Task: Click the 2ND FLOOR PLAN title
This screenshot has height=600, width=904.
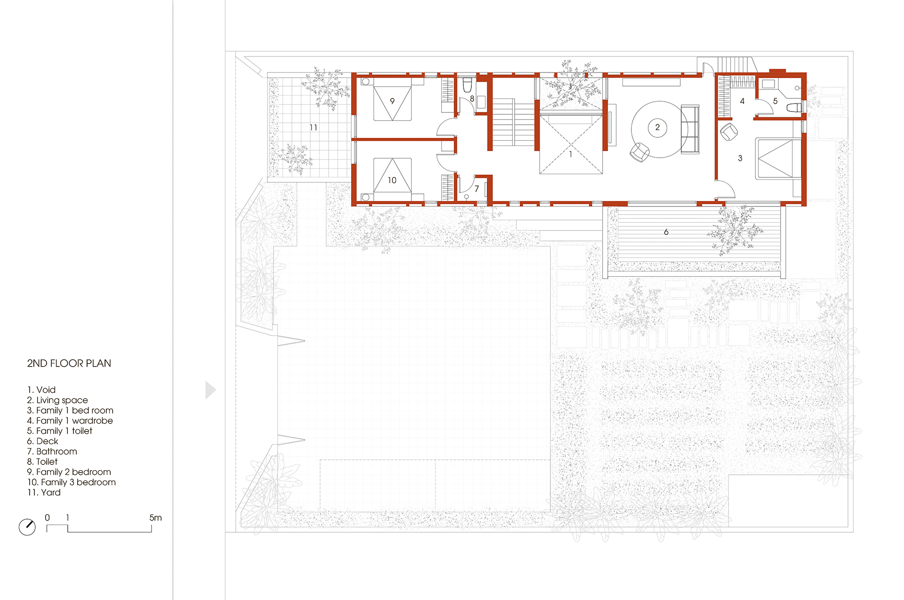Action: (x=69, y=363)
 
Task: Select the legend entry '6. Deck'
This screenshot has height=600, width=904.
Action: (x=43, y=441)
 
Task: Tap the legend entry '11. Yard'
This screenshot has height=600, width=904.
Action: (x=44, y=492)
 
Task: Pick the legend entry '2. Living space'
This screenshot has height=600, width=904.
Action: (x=57, y=400)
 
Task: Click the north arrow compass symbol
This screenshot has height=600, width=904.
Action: (x=27, y=527)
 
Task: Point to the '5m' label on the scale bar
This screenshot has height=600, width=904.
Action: (x=156, y=518)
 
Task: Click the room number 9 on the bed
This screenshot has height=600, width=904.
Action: (x=392, y=101)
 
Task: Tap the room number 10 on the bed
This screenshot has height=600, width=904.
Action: (x=392, y=180)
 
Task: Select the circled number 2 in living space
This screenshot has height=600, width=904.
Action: (x=657, y=127)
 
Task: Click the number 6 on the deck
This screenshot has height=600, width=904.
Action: (x=666, y=232)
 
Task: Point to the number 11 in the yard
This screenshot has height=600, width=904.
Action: (x=314, y=128)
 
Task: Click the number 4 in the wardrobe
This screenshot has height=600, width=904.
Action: (x=743, y=101)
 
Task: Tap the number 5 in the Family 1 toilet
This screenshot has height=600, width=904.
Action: (x=775, y=101)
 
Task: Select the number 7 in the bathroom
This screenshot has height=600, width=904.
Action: (x=476, y=189)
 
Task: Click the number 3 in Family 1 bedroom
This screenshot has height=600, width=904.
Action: (x=740, y=158)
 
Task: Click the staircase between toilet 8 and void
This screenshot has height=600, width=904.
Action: (x=514, y=122)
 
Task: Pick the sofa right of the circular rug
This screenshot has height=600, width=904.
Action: (x=690, y=129)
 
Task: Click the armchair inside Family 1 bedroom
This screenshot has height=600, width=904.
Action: (x=729, y=132)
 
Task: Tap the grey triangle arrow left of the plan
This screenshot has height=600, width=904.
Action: (x=210, y=390)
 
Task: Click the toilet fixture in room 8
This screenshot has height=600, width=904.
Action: (x=468, y=85)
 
